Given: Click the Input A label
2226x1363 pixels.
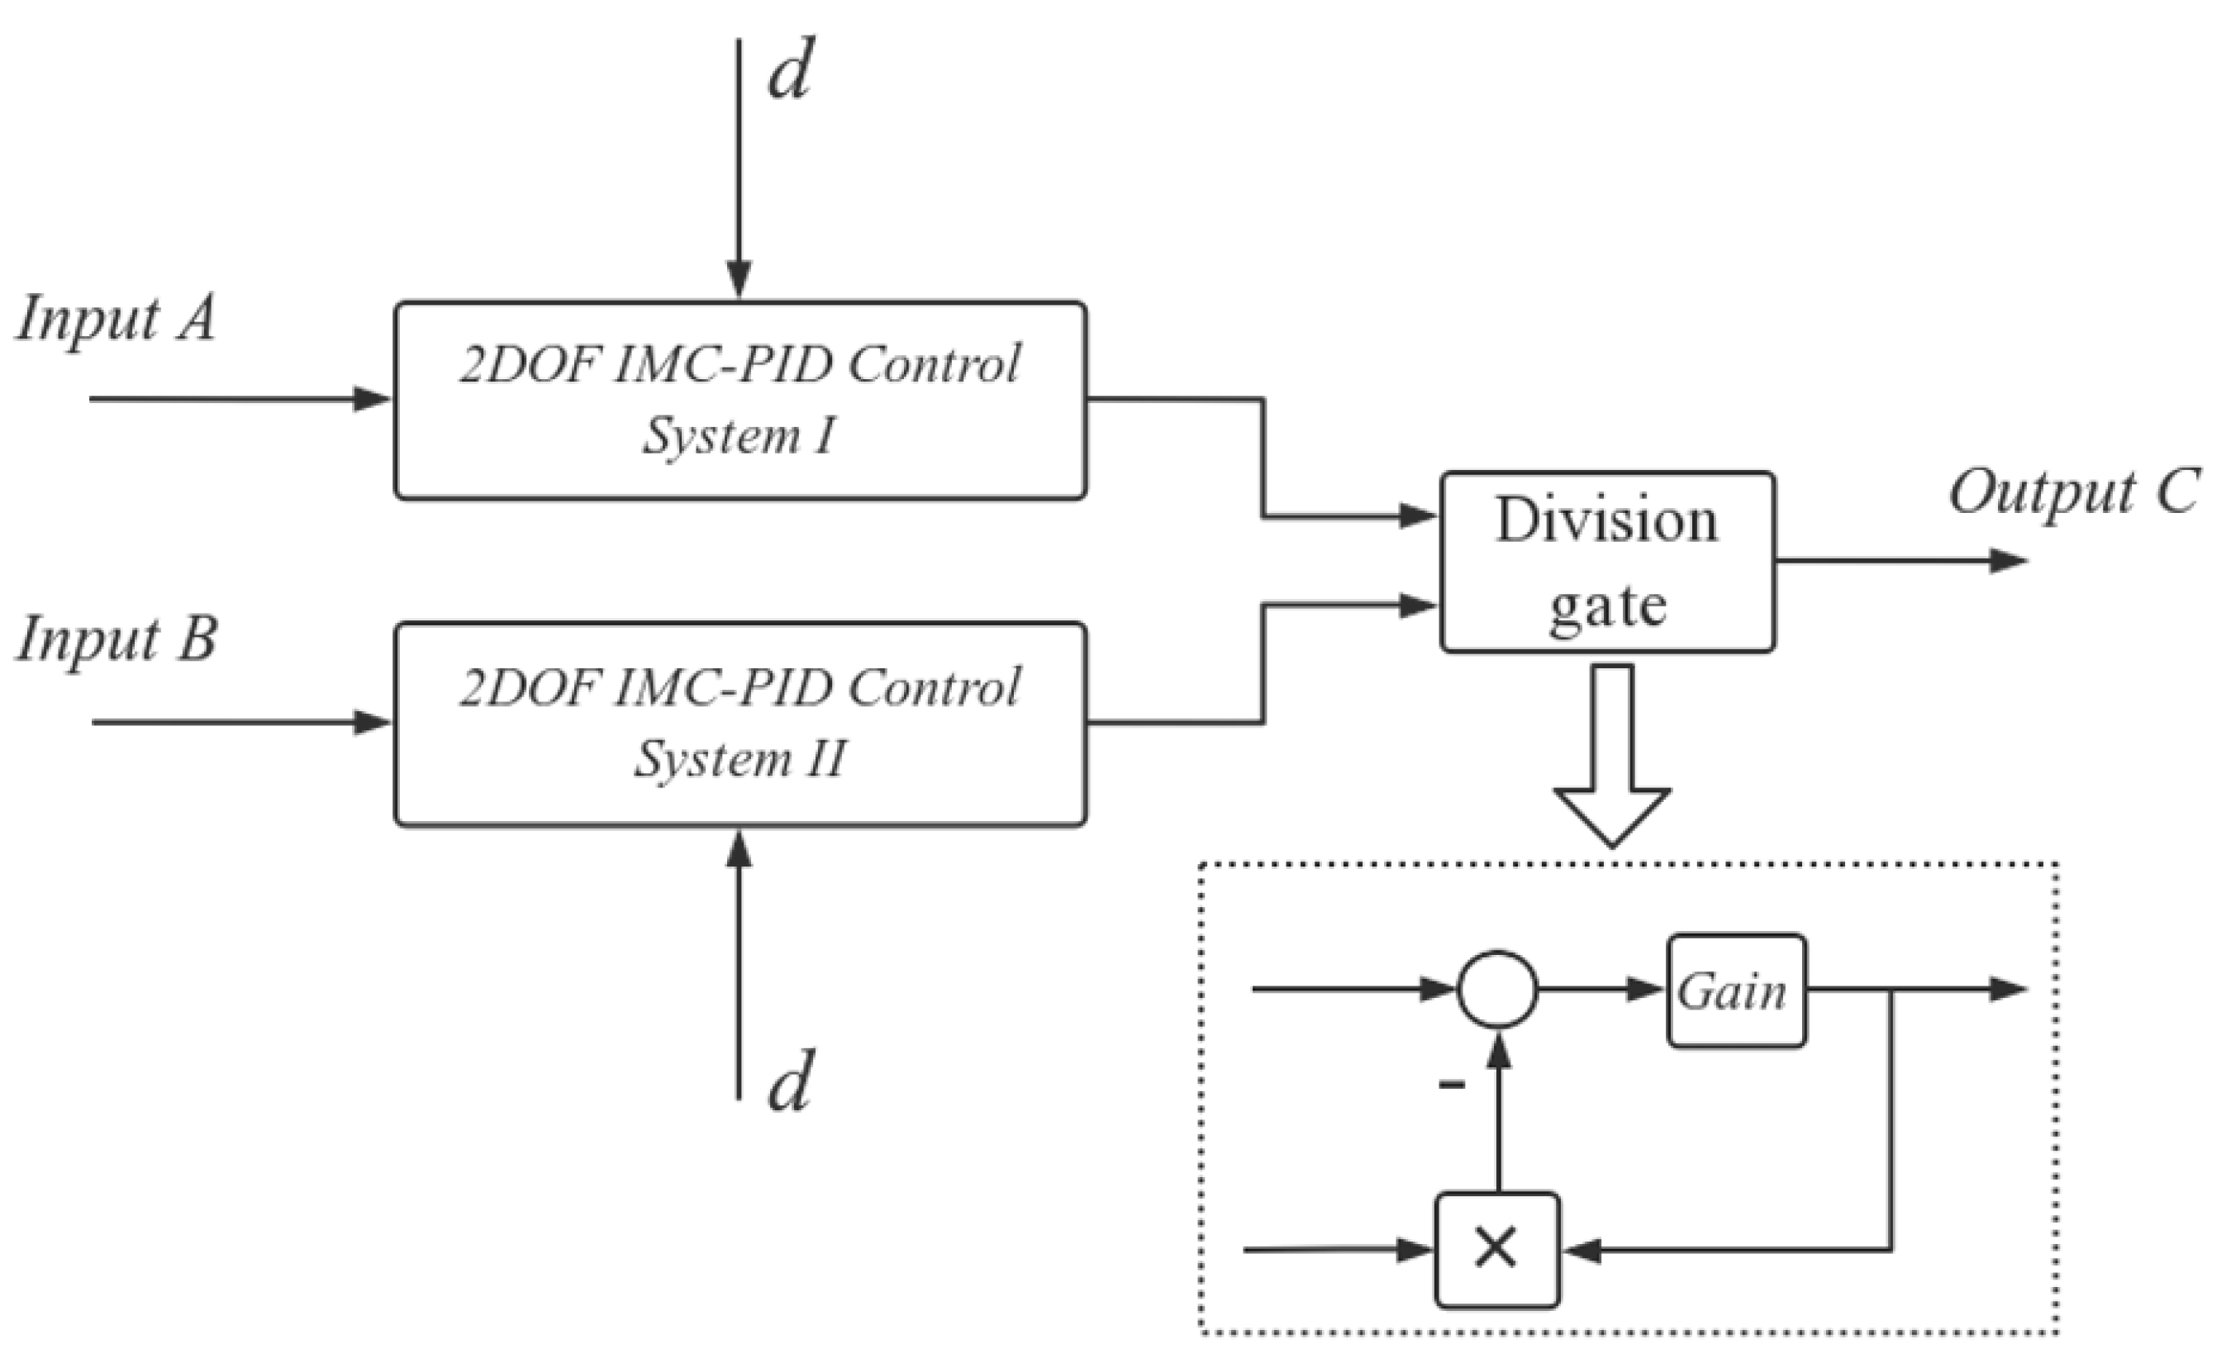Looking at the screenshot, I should tap(116, 320).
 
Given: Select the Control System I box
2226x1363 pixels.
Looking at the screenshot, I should tap(739, 400).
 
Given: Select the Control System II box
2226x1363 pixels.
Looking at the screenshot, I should tap(739, 724).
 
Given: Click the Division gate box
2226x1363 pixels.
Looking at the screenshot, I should tap(1606, 561).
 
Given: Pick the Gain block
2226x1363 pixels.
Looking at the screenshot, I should tap(1735, 992).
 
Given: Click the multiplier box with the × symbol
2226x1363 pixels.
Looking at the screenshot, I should tap(1497, 1249).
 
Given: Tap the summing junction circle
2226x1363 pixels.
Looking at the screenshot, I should tap(1497, 989).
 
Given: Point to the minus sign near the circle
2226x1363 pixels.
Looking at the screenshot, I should tap(1451, 1083).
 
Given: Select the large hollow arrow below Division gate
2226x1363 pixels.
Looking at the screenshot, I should tap(1612, 767).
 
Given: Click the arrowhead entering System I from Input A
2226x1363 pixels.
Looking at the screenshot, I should tap(370, 398).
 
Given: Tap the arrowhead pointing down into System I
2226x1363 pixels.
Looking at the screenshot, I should tap(739, 278).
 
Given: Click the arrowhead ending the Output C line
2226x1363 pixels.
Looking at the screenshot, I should tap(2007, 561).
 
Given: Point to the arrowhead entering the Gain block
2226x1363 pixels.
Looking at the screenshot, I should tap(1646, 989).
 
